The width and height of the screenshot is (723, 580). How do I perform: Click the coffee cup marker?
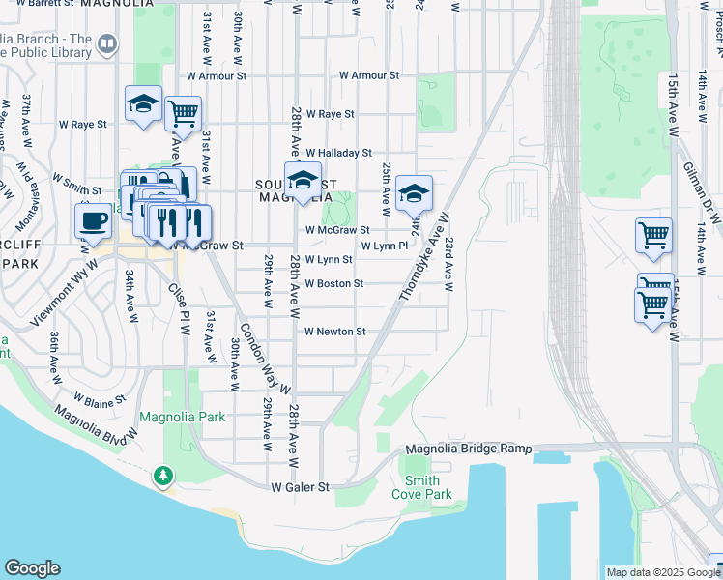[x=94, y=220]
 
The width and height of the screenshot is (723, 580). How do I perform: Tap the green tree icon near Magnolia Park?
[x=163, y=475]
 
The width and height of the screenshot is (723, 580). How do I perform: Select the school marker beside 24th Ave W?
[x=414, y=193]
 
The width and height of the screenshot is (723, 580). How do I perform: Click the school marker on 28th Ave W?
[x=303, y=181]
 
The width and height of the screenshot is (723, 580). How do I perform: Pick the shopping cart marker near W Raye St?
[x=183, y=114]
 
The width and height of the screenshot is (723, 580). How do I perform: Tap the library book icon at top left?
[x=107, y=43]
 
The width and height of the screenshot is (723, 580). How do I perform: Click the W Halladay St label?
[x=338, y=153]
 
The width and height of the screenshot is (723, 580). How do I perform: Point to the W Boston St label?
[x=333, y=284]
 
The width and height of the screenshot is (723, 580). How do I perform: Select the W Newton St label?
[x=334, y=332]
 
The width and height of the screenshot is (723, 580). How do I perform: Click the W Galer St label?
[x=301, y=487]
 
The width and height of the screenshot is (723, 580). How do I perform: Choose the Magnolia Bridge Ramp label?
[x=469, y=449]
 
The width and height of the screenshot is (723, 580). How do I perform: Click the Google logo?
[x=32, y=568]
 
